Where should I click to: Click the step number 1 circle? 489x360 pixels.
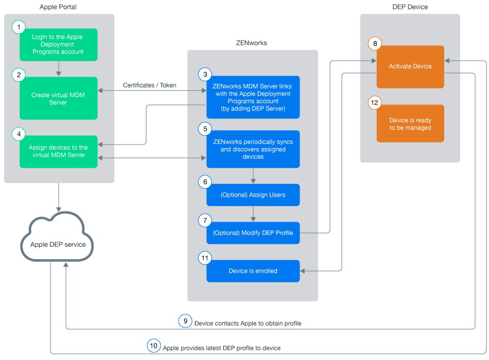19,27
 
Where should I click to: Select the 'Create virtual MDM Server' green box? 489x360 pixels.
58,99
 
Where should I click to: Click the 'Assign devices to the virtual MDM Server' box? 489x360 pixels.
58,151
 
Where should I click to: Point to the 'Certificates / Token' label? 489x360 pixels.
150,85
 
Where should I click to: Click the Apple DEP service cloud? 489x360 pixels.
58,244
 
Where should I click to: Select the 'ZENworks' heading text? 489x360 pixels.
252,43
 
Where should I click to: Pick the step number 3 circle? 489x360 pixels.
205,75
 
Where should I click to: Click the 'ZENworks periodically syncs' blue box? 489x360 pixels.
253,149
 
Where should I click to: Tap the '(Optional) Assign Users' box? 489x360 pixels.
253,195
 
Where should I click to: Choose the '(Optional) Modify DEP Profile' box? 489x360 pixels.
253,233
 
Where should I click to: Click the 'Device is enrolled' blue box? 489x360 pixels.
253,271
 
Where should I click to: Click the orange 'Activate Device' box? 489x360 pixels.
410,67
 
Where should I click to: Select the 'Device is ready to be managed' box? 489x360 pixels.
410,124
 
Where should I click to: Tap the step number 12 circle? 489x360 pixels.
375,103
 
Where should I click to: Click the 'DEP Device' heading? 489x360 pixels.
410,7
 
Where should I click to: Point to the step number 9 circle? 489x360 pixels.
185,321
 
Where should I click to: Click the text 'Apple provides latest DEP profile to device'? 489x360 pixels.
222,348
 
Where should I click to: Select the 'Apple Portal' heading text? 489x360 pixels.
58,7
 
